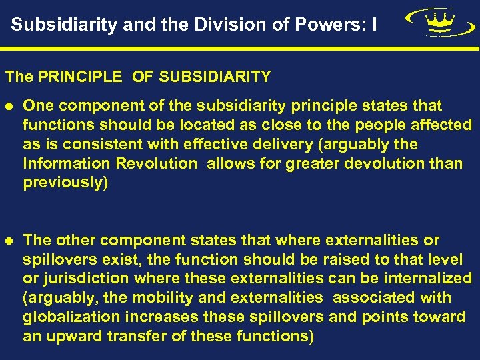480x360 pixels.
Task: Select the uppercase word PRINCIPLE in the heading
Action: pyautogui.click(x=80, y=77)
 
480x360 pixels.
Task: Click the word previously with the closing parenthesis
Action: pyautogui.click(x=65, y=183)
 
